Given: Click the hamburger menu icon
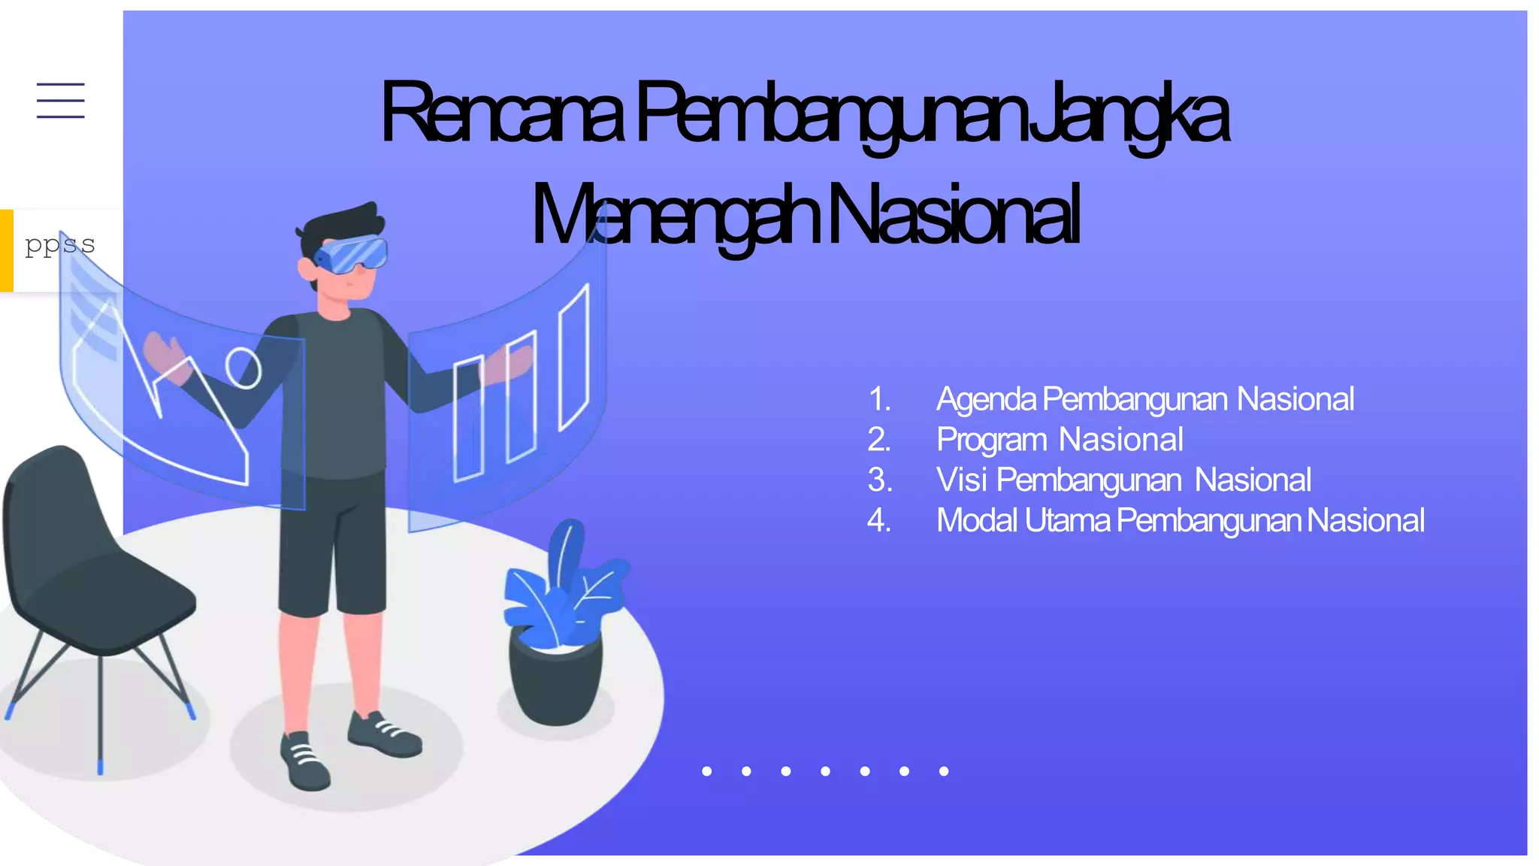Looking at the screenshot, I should point(61,101).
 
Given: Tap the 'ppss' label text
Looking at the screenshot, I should point(59,244).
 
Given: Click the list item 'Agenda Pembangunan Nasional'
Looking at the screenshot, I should point(1144,399).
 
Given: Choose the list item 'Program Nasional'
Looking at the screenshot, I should point(1060,440).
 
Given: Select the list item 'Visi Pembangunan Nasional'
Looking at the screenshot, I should point(1123,480).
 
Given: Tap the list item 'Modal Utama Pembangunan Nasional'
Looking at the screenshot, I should point(1180,520).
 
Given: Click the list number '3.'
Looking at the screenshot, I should point(880,480).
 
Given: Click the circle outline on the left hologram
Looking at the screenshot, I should point(243,368).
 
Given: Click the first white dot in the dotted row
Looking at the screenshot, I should point(706,771).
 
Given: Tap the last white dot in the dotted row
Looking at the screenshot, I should point(944,771).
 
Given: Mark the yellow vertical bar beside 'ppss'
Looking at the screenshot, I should point(7,250).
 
